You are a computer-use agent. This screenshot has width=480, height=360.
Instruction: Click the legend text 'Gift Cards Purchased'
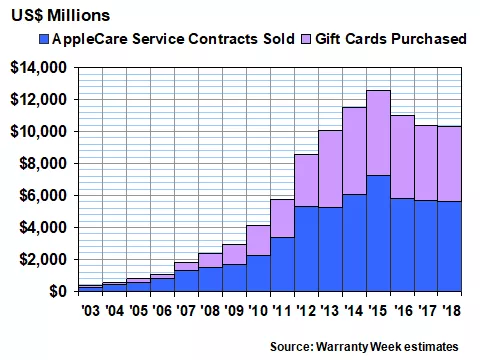[389, 40]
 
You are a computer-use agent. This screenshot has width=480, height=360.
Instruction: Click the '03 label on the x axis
[90, 310]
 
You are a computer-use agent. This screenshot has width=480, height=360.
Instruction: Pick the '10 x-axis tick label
[258, 310]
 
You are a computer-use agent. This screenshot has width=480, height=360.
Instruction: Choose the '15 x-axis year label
[378, 310]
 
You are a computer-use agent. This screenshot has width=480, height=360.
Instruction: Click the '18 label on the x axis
[450, 310]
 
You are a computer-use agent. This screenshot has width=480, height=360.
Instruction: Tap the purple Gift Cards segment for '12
[306, 180]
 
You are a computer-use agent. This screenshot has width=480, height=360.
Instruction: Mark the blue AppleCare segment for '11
[282, 264]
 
